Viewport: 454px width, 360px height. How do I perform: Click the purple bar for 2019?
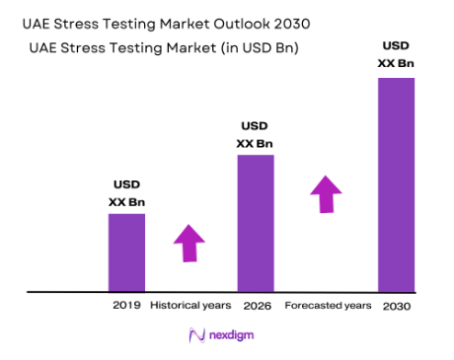126,252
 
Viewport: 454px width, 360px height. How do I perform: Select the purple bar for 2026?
255,223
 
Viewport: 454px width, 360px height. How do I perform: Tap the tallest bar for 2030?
397,184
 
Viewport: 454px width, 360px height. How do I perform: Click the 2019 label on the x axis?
126,306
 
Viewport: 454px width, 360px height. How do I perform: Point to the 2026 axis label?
255,306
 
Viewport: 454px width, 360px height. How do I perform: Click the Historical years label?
189,306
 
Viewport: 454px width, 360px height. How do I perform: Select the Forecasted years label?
328,306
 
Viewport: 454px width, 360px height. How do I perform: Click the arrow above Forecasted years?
326,193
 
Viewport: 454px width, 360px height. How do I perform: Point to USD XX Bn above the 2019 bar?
126,193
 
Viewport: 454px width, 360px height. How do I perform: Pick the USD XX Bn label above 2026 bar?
255,134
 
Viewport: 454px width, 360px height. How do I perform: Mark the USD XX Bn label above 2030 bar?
397,54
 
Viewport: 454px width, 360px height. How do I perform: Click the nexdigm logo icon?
195,336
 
